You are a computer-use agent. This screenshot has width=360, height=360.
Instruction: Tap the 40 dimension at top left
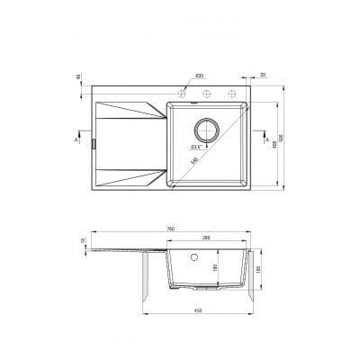point(78,78)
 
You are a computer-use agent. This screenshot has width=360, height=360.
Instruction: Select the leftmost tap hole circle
point(184,94)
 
